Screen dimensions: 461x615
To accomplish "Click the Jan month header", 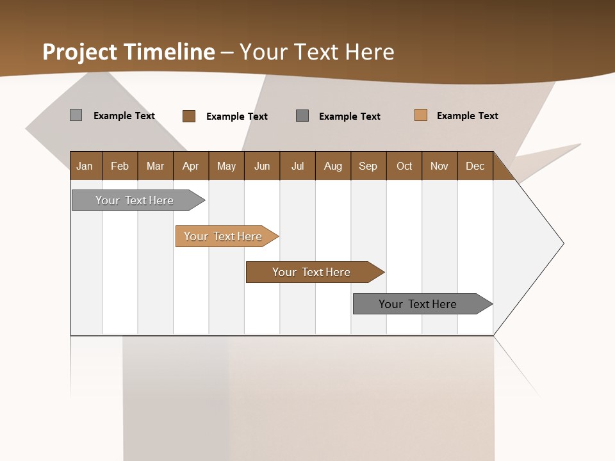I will coord(85,166).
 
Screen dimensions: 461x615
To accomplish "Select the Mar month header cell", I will coord(155,166).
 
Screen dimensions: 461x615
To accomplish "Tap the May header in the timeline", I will coord(226,166).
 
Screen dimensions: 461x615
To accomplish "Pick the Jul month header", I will coord(297,166).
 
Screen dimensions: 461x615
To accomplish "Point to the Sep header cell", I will coord(368,166).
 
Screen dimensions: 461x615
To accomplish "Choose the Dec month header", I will coord(475,166).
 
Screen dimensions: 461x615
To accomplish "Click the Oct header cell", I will coord(404,166).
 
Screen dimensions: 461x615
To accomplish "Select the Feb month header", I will coord(120,166).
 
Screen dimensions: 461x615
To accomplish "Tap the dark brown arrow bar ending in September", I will coord(312,272).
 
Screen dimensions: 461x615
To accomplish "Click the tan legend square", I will coord(420,115).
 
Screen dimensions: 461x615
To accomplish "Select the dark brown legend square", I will coord(189,116).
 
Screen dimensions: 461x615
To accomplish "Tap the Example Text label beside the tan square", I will coord(467,116).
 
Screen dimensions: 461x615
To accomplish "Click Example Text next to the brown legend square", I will coord(236,117).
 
